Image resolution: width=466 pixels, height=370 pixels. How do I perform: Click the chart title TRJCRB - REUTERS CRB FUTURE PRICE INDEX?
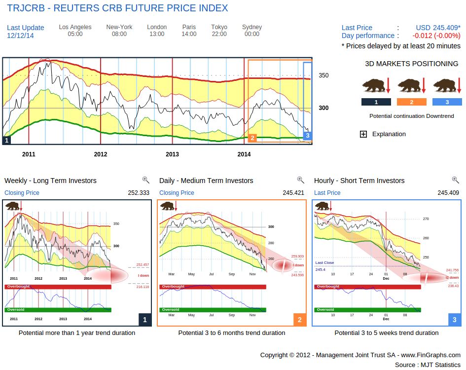click(117, 8)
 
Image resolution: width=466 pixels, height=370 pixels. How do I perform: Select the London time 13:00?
click(157, 34)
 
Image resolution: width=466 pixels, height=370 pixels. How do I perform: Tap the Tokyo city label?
click(219, 27)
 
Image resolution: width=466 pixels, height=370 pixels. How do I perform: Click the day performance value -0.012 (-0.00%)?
click(436, 36)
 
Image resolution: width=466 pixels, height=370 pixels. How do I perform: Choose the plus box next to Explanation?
click(363, 134)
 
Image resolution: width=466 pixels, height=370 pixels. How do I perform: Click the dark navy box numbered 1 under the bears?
click(376, 102)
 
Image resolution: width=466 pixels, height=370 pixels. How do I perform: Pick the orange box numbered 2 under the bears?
click(411, 102)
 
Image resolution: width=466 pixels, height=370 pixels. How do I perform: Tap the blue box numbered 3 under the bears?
click(447, 102)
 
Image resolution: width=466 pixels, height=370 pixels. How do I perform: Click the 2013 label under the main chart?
click(172, 154)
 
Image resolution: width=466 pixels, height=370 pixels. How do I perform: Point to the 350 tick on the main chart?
click(323, 75)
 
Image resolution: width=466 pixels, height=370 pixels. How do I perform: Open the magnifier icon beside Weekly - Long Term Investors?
click(145, 180)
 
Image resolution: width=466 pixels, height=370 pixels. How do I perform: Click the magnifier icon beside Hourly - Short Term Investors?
click(455, 180)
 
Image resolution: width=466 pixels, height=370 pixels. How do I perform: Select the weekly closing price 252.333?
click(139, 193)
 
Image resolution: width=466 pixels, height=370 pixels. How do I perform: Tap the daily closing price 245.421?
click(293, 193)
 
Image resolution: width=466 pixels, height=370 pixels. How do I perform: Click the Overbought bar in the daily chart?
click(212, 287)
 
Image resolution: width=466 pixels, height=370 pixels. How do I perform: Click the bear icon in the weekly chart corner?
click(12, 206)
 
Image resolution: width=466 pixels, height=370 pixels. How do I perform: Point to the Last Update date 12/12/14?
click(20, 36)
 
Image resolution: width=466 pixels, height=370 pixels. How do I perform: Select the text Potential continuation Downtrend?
click(411, 116)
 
